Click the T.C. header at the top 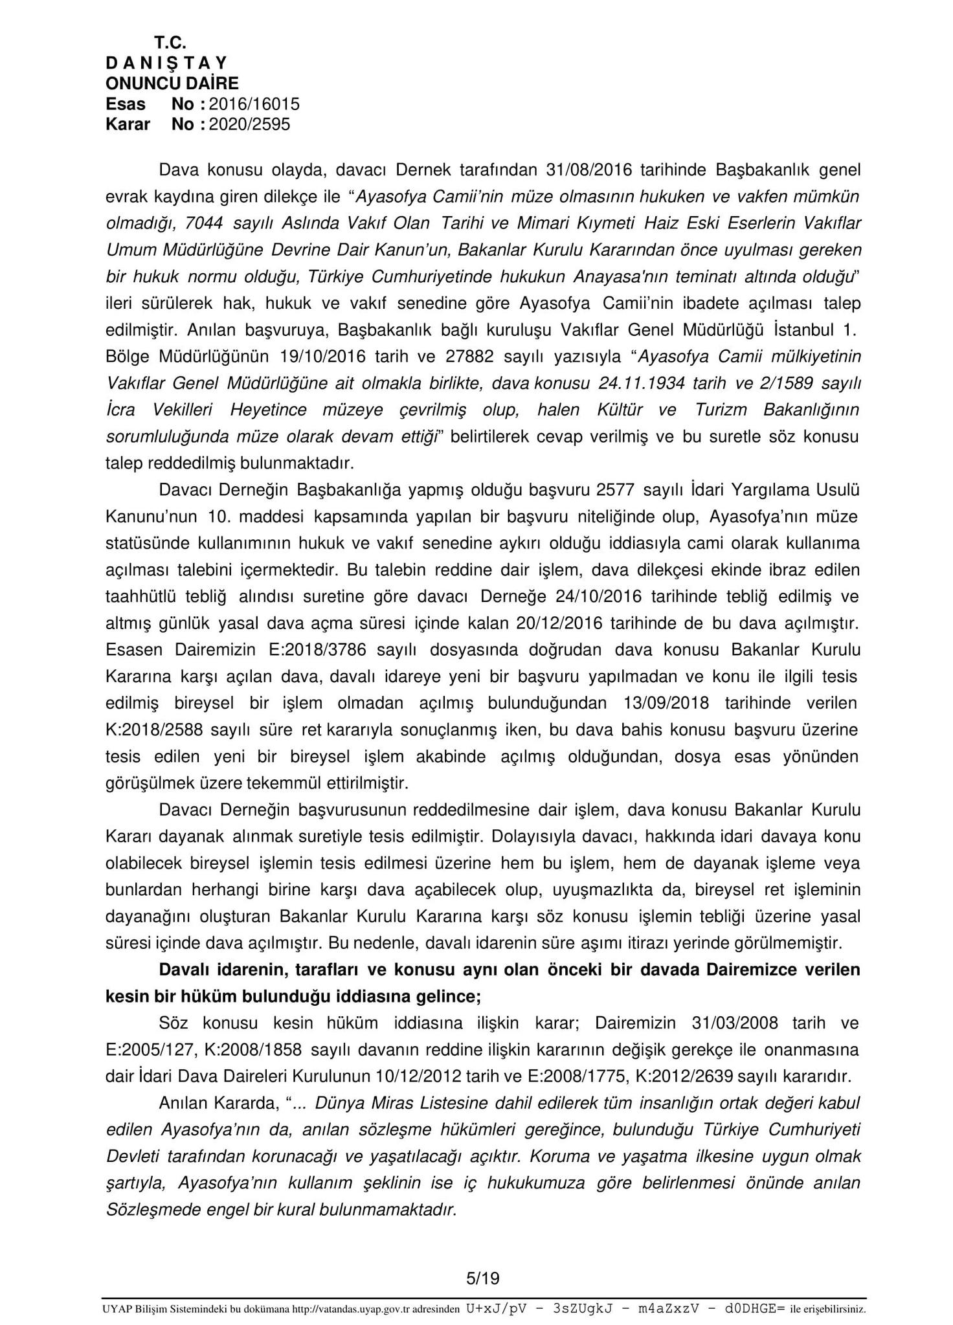pyautogui.click(x=170, y=43)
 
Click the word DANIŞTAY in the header pyautogui.click(x=167, y=63)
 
